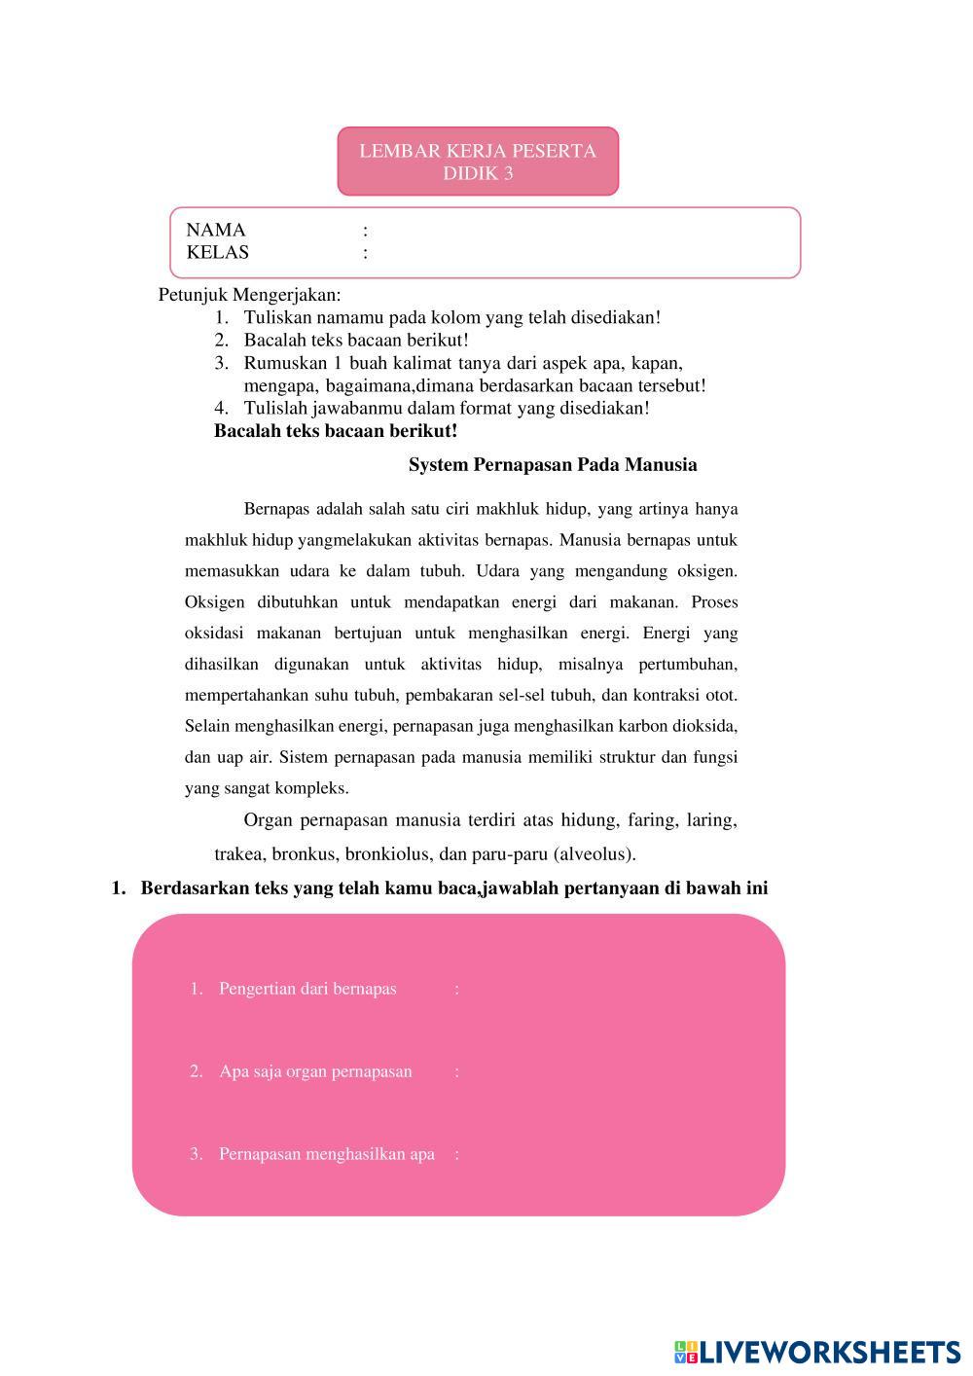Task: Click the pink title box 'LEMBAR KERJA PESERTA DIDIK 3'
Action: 478,162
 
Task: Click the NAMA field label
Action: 216,231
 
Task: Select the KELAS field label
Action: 218,253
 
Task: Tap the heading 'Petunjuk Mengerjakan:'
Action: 250,295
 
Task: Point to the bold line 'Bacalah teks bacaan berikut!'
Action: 336,431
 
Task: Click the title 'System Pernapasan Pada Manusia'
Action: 553,465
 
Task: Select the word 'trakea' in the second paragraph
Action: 238,854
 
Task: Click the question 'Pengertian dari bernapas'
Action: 307,989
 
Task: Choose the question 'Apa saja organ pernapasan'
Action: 315,1071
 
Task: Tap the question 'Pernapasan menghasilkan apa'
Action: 326,1154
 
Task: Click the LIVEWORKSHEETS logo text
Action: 829,1352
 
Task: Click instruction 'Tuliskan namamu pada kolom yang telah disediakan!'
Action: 452,317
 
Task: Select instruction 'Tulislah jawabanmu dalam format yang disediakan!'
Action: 447,409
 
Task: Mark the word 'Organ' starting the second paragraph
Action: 268,820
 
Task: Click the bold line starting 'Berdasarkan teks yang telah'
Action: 453,888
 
